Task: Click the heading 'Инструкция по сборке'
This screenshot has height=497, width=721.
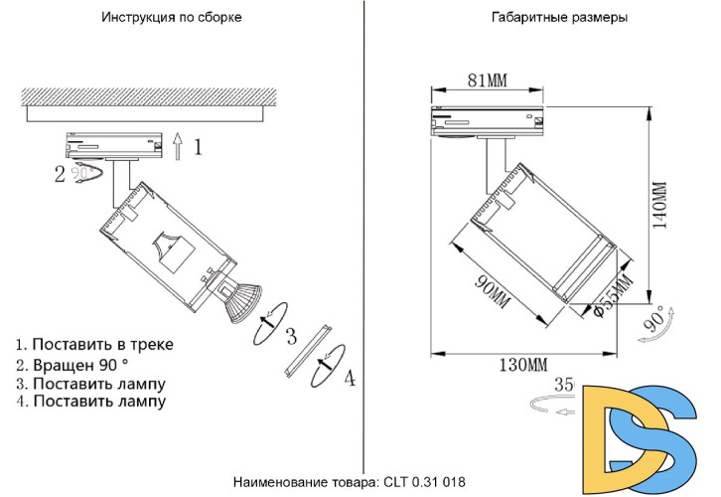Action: [171, 18]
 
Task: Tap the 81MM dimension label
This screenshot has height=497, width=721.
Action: [487, 81]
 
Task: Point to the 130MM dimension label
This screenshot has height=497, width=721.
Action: [522, 365]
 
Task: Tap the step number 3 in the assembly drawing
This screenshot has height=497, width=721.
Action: [291, 335]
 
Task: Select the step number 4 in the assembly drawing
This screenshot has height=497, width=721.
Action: [349, 379]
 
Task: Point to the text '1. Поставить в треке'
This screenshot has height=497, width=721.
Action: [94, 344]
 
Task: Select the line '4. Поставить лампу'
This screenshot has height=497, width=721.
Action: [90, 402]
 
